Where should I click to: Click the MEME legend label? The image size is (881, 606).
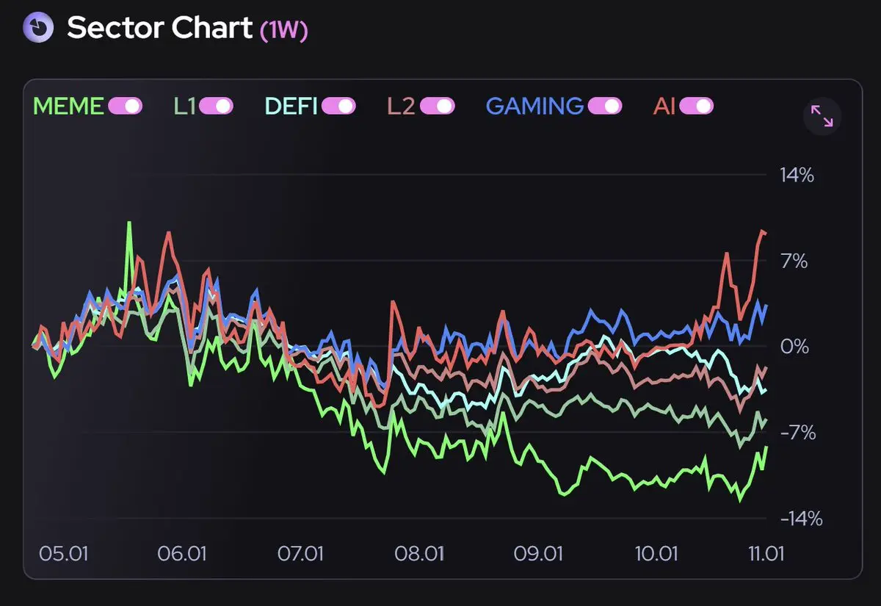pos(68,107)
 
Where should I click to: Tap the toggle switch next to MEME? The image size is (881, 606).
pos(125,107)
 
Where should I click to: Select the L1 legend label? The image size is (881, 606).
pos(184,107)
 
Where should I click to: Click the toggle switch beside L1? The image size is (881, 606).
pos(216,107)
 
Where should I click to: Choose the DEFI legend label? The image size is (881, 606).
pos(291,107)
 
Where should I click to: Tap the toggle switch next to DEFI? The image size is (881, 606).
pos(338,107)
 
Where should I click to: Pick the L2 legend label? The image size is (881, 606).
pos(402,107)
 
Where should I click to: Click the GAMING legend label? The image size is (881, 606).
pos(534,107)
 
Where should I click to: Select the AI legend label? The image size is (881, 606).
pos(664,107)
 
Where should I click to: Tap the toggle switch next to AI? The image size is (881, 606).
pos(696,107)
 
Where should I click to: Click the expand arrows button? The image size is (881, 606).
pos(822,116)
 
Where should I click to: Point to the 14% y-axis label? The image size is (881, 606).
pos(797,176)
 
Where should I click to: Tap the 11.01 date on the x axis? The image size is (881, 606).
pos(764,552)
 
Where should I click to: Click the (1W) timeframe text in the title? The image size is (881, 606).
pos(284,30)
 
